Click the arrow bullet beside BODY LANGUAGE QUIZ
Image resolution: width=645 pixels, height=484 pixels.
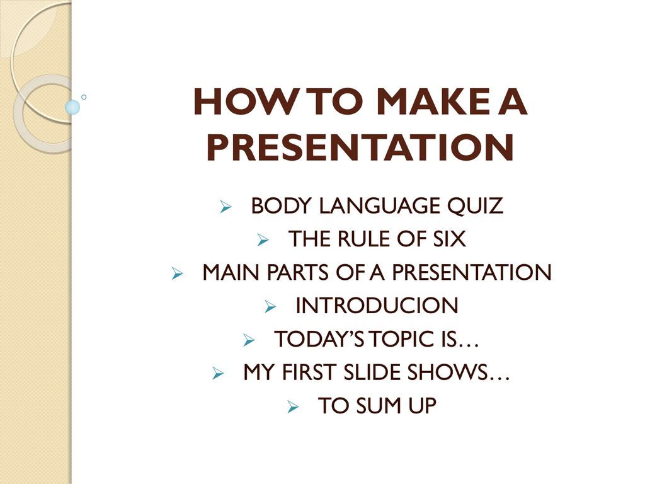226,206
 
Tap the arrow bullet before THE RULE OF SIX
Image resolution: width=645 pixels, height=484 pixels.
263,239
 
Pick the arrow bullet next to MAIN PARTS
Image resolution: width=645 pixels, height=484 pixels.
177,273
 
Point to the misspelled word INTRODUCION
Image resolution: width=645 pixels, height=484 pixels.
377,306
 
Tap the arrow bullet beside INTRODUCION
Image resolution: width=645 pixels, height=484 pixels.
270,306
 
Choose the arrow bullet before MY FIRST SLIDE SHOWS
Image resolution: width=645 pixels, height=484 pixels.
218,373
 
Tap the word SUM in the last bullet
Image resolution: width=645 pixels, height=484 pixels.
379,406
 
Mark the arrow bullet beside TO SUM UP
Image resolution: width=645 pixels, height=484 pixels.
293,406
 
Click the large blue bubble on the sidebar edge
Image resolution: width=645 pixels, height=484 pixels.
72,107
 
